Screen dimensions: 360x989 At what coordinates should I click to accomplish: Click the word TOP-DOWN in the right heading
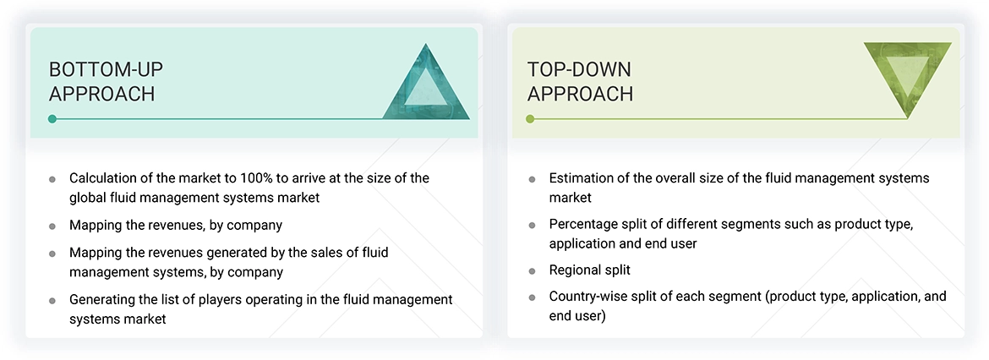(x=579, y=69)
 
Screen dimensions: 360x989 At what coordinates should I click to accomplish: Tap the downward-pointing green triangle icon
(x=907, y=78)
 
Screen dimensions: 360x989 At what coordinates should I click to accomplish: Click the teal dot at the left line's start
(x=52, y=119)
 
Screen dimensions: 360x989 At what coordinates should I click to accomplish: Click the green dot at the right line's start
(x=530, y=119)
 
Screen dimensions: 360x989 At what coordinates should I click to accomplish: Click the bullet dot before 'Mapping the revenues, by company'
(x=52, y=226)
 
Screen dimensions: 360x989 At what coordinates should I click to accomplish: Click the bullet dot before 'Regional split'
(x=532, y=271)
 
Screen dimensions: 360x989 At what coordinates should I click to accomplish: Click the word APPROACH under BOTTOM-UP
(x=101, y=94)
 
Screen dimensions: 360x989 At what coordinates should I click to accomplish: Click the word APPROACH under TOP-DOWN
(x=580, y=94)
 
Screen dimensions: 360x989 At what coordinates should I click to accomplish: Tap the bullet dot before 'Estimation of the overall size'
(x=532, y=179)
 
